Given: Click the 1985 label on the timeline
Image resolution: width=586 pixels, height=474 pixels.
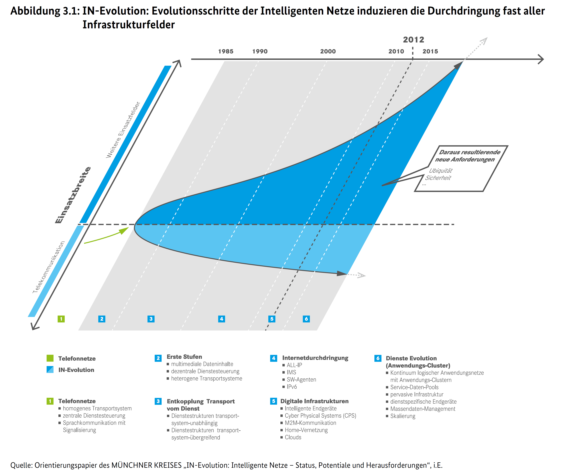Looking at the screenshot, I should click(226, 51).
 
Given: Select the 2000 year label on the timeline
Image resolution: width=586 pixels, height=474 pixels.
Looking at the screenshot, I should click(328, 51).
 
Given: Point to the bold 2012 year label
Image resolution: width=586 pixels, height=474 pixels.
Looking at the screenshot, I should click(414, 40).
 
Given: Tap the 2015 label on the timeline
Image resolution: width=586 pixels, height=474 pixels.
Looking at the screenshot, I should click(430, 51).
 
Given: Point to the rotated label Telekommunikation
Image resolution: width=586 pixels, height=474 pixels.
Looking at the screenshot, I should click(48, 267).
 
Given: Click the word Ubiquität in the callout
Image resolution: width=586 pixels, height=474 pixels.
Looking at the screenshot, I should click(440, 171).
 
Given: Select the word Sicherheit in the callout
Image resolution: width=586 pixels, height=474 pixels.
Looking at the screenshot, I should click(438, 178).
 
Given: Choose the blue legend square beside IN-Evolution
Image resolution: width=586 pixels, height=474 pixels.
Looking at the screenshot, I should click(50, 370).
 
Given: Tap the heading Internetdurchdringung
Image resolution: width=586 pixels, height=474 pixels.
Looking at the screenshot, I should click(315, 358).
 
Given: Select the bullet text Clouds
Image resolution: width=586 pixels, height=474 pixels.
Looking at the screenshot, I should click(293, 437).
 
